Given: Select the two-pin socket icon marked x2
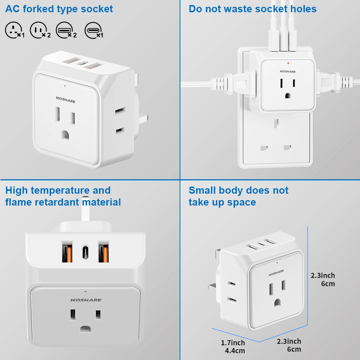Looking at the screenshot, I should pyautogui.click(x=38, y=30).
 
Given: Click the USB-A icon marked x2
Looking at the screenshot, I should pyautogui.click(x=63, y=30).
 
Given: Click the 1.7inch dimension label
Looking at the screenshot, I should pyautogui.click(x=233, y=343).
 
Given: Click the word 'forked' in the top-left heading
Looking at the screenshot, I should pyautogui.click(x=39, y=9).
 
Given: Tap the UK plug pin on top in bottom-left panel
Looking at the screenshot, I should pyautogui.click(x=86, y=210).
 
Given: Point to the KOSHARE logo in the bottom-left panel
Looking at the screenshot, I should pyautogui.click(x=86, y=300).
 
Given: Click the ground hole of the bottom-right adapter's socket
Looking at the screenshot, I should pyautogui.click(x=276, y=302).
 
